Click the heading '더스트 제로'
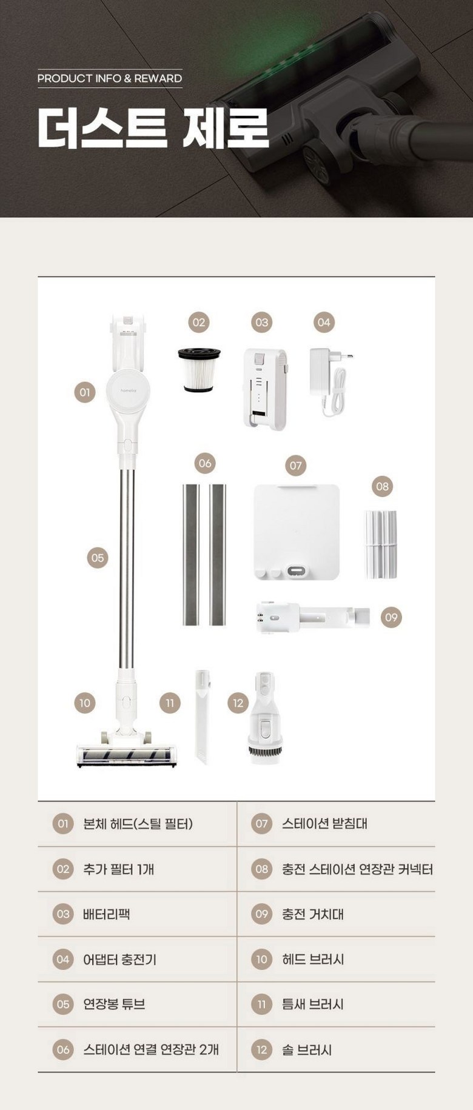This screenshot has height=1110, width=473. (x=153, y=128)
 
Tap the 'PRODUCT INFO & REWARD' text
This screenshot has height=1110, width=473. (x=110, y=78)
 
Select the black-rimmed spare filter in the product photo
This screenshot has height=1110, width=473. (x=199, y=370)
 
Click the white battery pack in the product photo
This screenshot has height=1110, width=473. (x=265, y=389)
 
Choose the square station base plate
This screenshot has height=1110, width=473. (x=296, y=532)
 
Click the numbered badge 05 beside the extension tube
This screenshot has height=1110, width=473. (x=97, y=558)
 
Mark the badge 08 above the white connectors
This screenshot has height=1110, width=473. (x=382, y=486)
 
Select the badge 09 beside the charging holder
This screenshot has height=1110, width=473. (x=391, y=617)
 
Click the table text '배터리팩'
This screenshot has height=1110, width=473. (x=107, y=914)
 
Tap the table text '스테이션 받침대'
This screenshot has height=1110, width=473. (x=324, y=823)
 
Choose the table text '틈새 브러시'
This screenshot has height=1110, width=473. (x=313, y=1004)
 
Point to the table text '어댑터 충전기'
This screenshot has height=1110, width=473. (x=119, y=959)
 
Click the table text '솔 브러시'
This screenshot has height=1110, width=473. (x=307, y=1049)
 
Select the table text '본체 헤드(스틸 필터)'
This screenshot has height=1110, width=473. (x=138, y=823)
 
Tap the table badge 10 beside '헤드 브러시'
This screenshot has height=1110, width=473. (x=261, y=959)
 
